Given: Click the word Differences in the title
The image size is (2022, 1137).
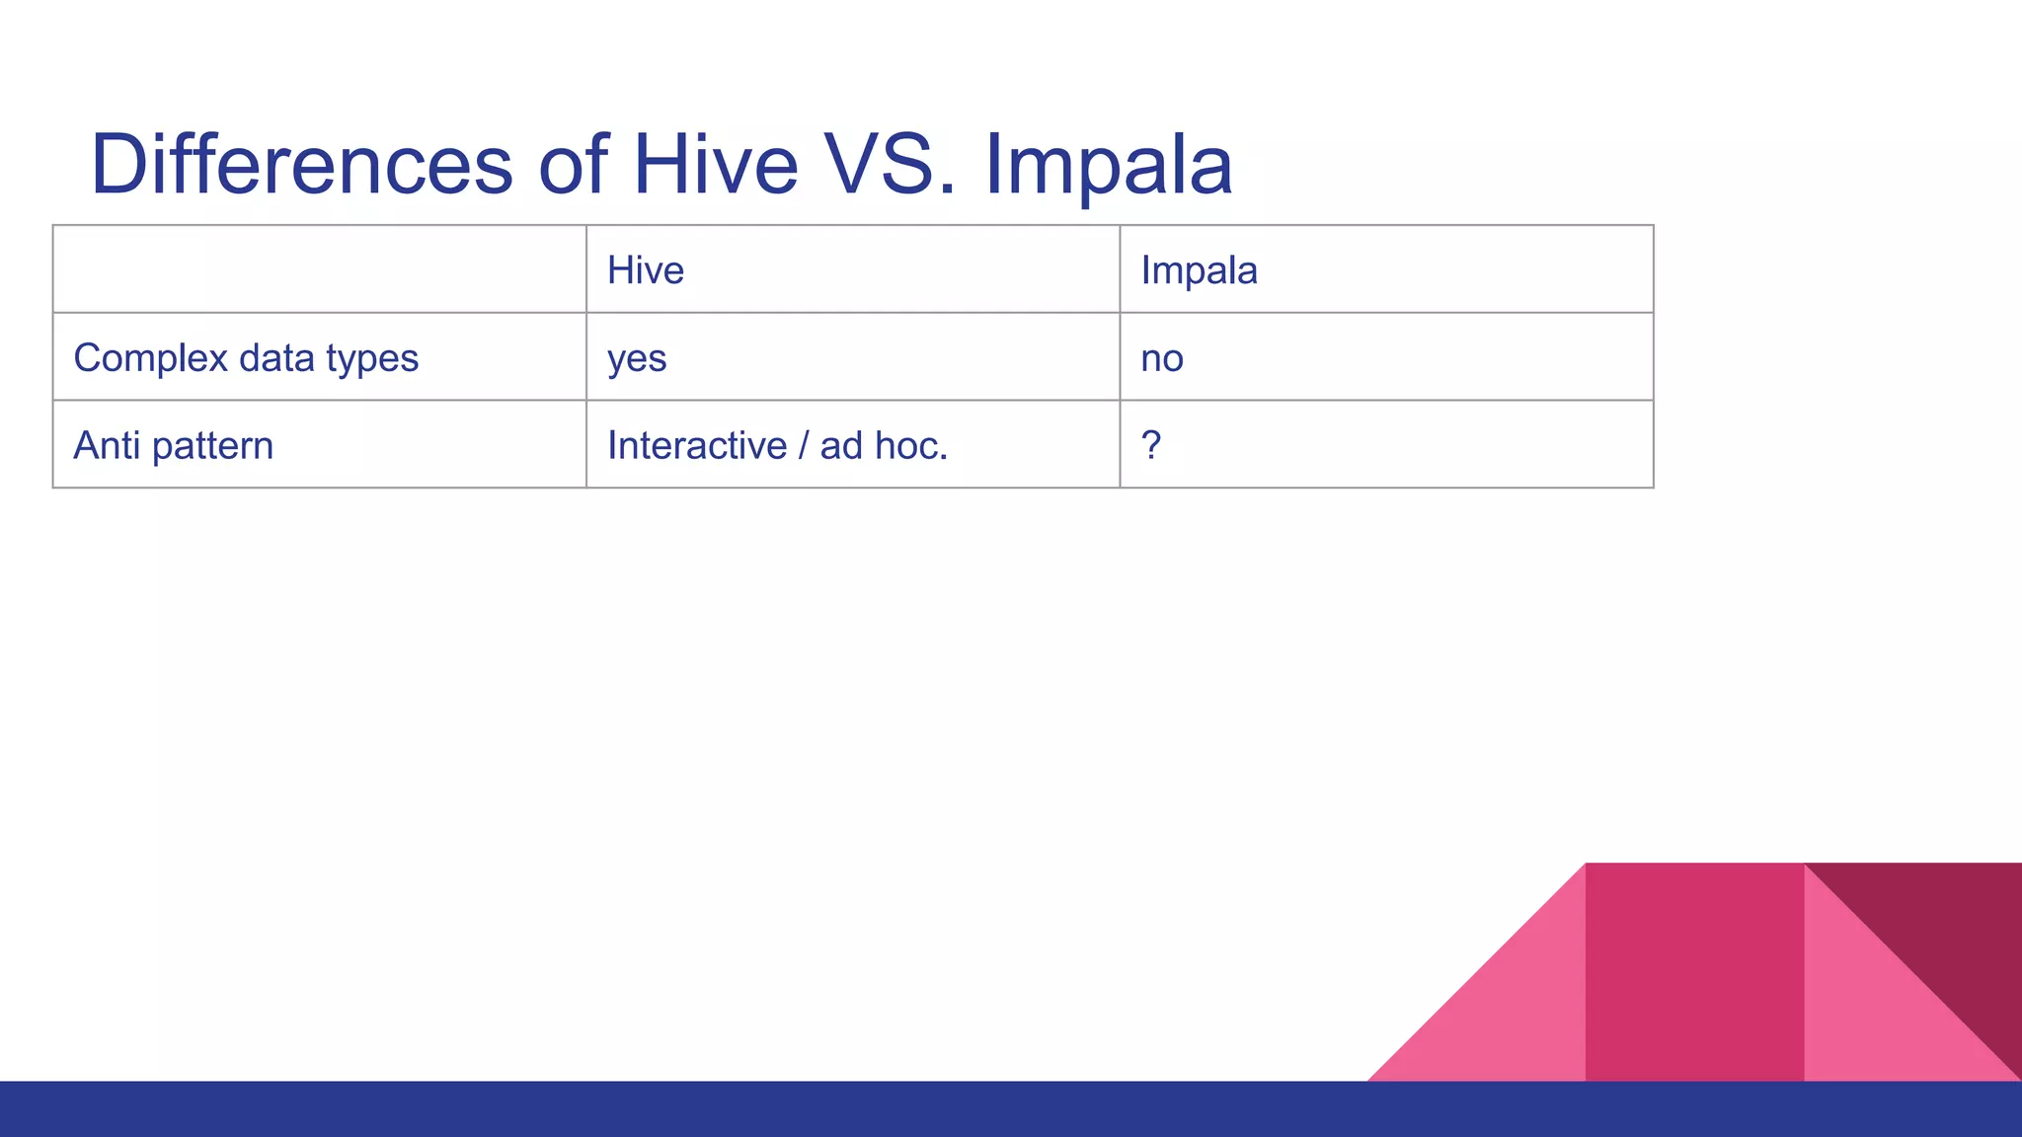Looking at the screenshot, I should [x=301, y=164].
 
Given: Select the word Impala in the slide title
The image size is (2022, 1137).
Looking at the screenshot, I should [x=1108, y=166].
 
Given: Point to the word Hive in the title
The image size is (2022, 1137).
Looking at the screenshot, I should [x=715, y=164].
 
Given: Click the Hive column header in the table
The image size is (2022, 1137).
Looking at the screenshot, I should [x=646, y=270].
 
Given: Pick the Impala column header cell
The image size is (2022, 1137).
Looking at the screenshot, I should [x=1199, y=270].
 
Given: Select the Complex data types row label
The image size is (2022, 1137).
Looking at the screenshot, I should [x=246, y=358].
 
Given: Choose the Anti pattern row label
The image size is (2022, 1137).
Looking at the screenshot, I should [x=173, y=445].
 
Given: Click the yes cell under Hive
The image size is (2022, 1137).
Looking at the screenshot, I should [x=637, y=358].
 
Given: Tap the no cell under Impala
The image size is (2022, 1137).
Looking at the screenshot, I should [x=1162, y=358].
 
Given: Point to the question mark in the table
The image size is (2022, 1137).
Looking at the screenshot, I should [x=1150, y=445].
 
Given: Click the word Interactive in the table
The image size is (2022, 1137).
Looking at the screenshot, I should [x=696, y=445].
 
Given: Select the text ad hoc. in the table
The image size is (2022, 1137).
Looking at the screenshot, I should [x=884, y=445].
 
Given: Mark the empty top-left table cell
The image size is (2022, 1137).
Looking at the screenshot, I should [x=319, y=269].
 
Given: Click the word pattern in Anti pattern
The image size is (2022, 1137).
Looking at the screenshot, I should [x=212, y=445].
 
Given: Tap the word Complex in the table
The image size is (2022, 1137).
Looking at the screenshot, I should [x=150, y=358].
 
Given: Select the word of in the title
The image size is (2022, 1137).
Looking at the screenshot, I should [x=573, y=164].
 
